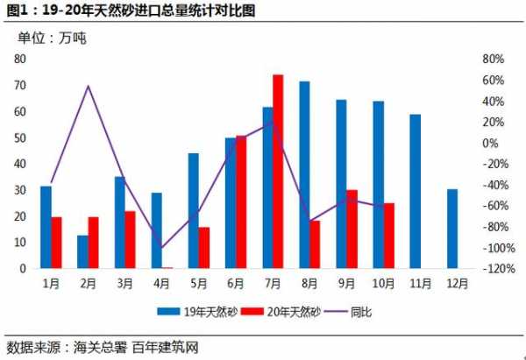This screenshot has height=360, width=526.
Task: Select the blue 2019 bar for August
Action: (x=304, y=175)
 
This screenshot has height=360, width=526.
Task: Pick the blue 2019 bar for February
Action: (x=82, y=251)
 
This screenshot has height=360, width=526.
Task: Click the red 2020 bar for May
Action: (x=204, y=248)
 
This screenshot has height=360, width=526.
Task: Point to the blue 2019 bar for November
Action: (x=415, y=191)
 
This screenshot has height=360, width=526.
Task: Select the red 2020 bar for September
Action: (x=352, y=229)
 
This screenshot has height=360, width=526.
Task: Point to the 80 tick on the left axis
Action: (x=19, y=59)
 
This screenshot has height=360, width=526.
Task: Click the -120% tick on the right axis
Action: (x=498, y=269)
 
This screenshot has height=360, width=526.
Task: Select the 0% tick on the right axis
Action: (x=491, y=143)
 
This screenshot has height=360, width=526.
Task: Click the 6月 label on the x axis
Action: (x=235, y=283)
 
